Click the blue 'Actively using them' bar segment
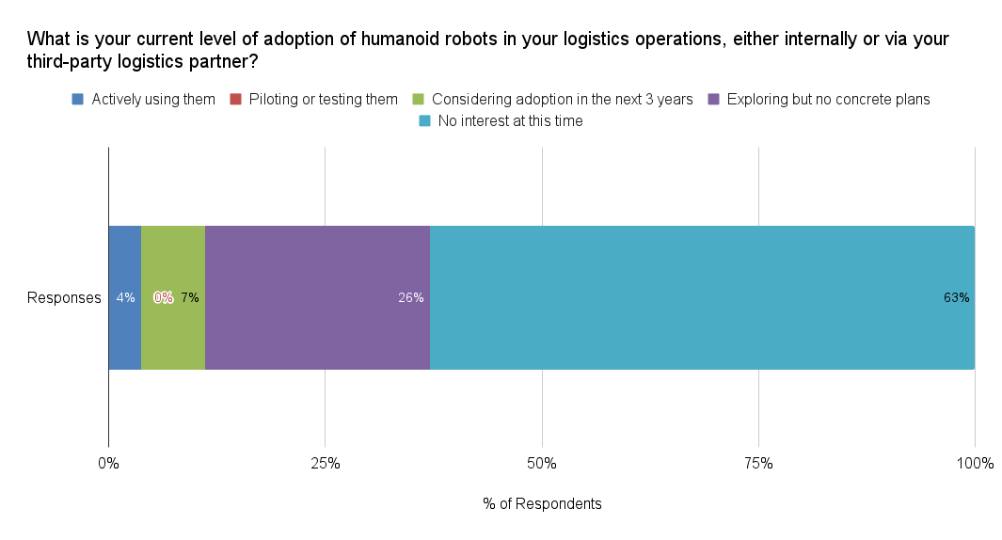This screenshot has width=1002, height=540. tap(124, 263)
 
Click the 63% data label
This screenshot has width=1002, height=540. tap(956, 298)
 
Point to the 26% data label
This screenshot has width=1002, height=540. tap(410, 298)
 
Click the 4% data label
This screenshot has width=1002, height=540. tap(125, 298)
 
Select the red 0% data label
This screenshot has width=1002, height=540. tap(163, 298)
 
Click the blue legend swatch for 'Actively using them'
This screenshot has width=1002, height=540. tap(78, 99)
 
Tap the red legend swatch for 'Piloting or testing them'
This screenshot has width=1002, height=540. tap(236, 99)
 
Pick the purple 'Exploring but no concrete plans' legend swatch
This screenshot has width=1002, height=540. tap(714, 99)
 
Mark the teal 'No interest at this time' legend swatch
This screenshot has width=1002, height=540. tap(424, 120)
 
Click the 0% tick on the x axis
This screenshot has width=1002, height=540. tap(108, 463)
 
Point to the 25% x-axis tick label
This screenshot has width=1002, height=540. tap(325, 463)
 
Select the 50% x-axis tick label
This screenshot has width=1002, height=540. tap(542, 463)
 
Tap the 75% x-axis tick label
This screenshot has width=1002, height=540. tap(758, 463)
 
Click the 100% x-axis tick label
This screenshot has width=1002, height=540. tap(975, 463)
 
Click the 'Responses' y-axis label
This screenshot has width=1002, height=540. tap(64, 298)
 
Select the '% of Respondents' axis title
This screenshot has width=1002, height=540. tap(542, 503)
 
